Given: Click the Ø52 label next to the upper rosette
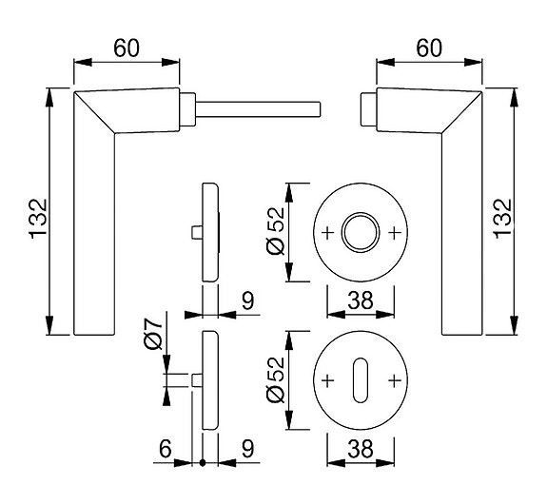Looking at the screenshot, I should click(x=276, y=232).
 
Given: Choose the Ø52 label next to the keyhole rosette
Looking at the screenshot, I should click(x=276, y=380).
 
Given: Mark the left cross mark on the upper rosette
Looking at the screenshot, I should click(x=329, y=232).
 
